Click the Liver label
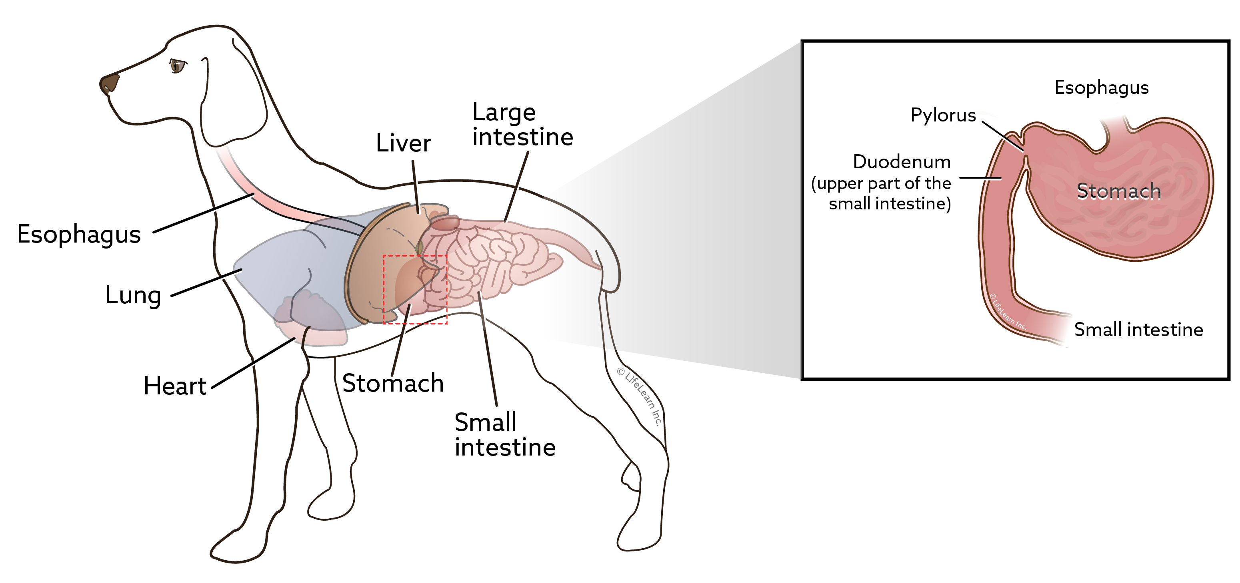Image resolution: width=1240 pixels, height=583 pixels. click(x=403, y=143)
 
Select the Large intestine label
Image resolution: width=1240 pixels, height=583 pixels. click(x=523, y=125)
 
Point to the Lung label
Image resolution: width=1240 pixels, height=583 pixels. click(x=133, y=295)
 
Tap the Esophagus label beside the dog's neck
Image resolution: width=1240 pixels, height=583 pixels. click(x=79, y=235)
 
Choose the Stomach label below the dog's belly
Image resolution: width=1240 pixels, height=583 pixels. click(x=393, y=383)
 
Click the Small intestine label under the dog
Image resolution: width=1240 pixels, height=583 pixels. click(x=505, y=435)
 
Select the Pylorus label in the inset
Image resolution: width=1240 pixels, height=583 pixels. click(x=943, y=115)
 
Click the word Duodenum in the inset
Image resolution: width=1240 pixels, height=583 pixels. click(x=902, y=162)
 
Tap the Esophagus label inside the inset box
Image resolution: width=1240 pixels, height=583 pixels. click(x=1101, y=88)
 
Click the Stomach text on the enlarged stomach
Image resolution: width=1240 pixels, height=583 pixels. click(x=1119, y=191)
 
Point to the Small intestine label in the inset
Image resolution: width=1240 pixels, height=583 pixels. click(x=1138, y=330)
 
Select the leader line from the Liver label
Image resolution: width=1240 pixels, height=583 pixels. click(x=416, y=187)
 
